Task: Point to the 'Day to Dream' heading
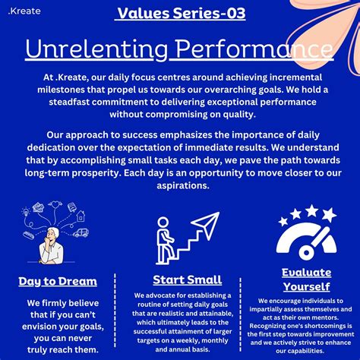[58, 282]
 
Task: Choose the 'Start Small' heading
[187, 279]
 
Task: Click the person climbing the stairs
[163, 229]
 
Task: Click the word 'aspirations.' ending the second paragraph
[179, 185]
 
